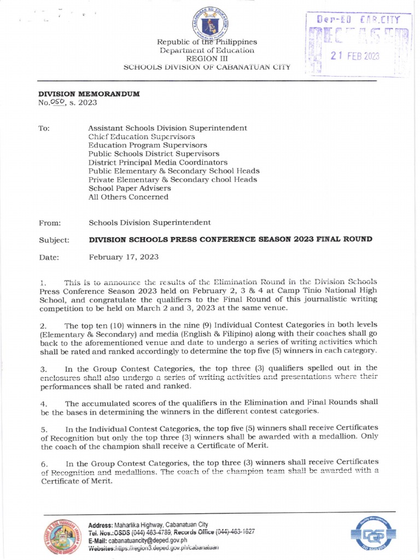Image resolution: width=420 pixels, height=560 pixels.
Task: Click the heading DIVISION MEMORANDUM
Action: point(89,94)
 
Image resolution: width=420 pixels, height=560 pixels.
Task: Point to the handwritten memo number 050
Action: point(57,102)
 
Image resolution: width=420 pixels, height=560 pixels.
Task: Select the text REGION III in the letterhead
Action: point(207,59)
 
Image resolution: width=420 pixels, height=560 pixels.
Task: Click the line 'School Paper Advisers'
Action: point(130,188)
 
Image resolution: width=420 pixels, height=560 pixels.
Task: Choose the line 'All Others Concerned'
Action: point(129,197)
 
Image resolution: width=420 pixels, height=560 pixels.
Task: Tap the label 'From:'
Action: point(50,223)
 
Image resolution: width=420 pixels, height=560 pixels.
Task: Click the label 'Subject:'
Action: point(54,240)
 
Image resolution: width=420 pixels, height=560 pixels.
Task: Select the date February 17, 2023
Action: point(124,257)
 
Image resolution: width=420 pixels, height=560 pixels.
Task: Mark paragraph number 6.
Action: point(44,464)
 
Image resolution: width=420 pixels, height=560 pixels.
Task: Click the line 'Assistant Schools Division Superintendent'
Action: point(167,128)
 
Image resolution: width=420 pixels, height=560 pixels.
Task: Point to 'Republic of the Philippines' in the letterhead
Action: point(207,42)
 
